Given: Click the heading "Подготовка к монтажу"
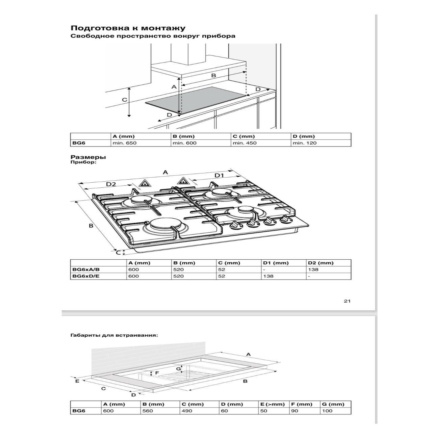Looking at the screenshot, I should click(128, 28).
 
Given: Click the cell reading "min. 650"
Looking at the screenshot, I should click(125, 143).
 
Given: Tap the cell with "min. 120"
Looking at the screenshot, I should click(305, 143).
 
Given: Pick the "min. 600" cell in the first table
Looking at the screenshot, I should click(184, 143).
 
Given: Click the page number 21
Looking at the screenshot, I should click(347, 301).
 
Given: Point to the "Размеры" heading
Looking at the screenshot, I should click(88, 157).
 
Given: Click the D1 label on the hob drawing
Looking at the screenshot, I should click(219, 175).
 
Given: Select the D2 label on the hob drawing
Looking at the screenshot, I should click(111, 184).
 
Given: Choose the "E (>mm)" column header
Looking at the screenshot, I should click(273, 404).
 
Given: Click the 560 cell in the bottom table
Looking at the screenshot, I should click(148, 411).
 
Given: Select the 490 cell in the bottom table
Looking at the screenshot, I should click(187, 411).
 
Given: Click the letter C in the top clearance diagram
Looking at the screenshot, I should click(124, 100).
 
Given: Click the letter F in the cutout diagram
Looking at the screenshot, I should click(157, 373).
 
